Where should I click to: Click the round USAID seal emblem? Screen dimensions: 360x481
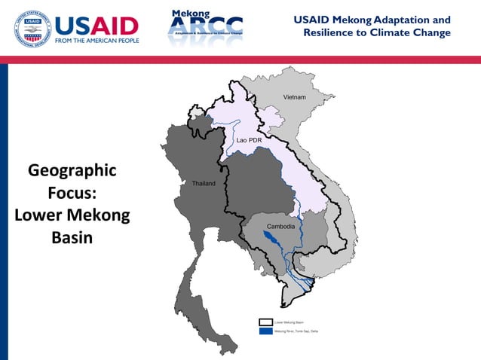coord(32,29)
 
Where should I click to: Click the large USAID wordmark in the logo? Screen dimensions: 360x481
coord(97,26)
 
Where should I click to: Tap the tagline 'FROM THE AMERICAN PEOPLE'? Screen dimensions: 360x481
coord(97,41)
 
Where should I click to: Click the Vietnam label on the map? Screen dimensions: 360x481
coord(295,98)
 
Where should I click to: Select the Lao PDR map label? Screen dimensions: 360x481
coord(249,140)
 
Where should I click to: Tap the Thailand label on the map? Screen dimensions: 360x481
coord(204,184)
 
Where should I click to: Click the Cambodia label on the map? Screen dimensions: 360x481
coord(280,227)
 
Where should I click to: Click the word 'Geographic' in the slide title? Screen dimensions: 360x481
coord(72,170)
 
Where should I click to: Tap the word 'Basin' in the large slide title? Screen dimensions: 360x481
coord(72,237)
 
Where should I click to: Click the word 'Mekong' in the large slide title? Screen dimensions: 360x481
coord(99,215)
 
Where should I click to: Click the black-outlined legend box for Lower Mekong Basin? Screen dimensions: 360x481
coord(265,322)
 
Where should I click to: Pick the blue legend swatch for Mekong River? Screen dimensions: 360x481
coord(265,331)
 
